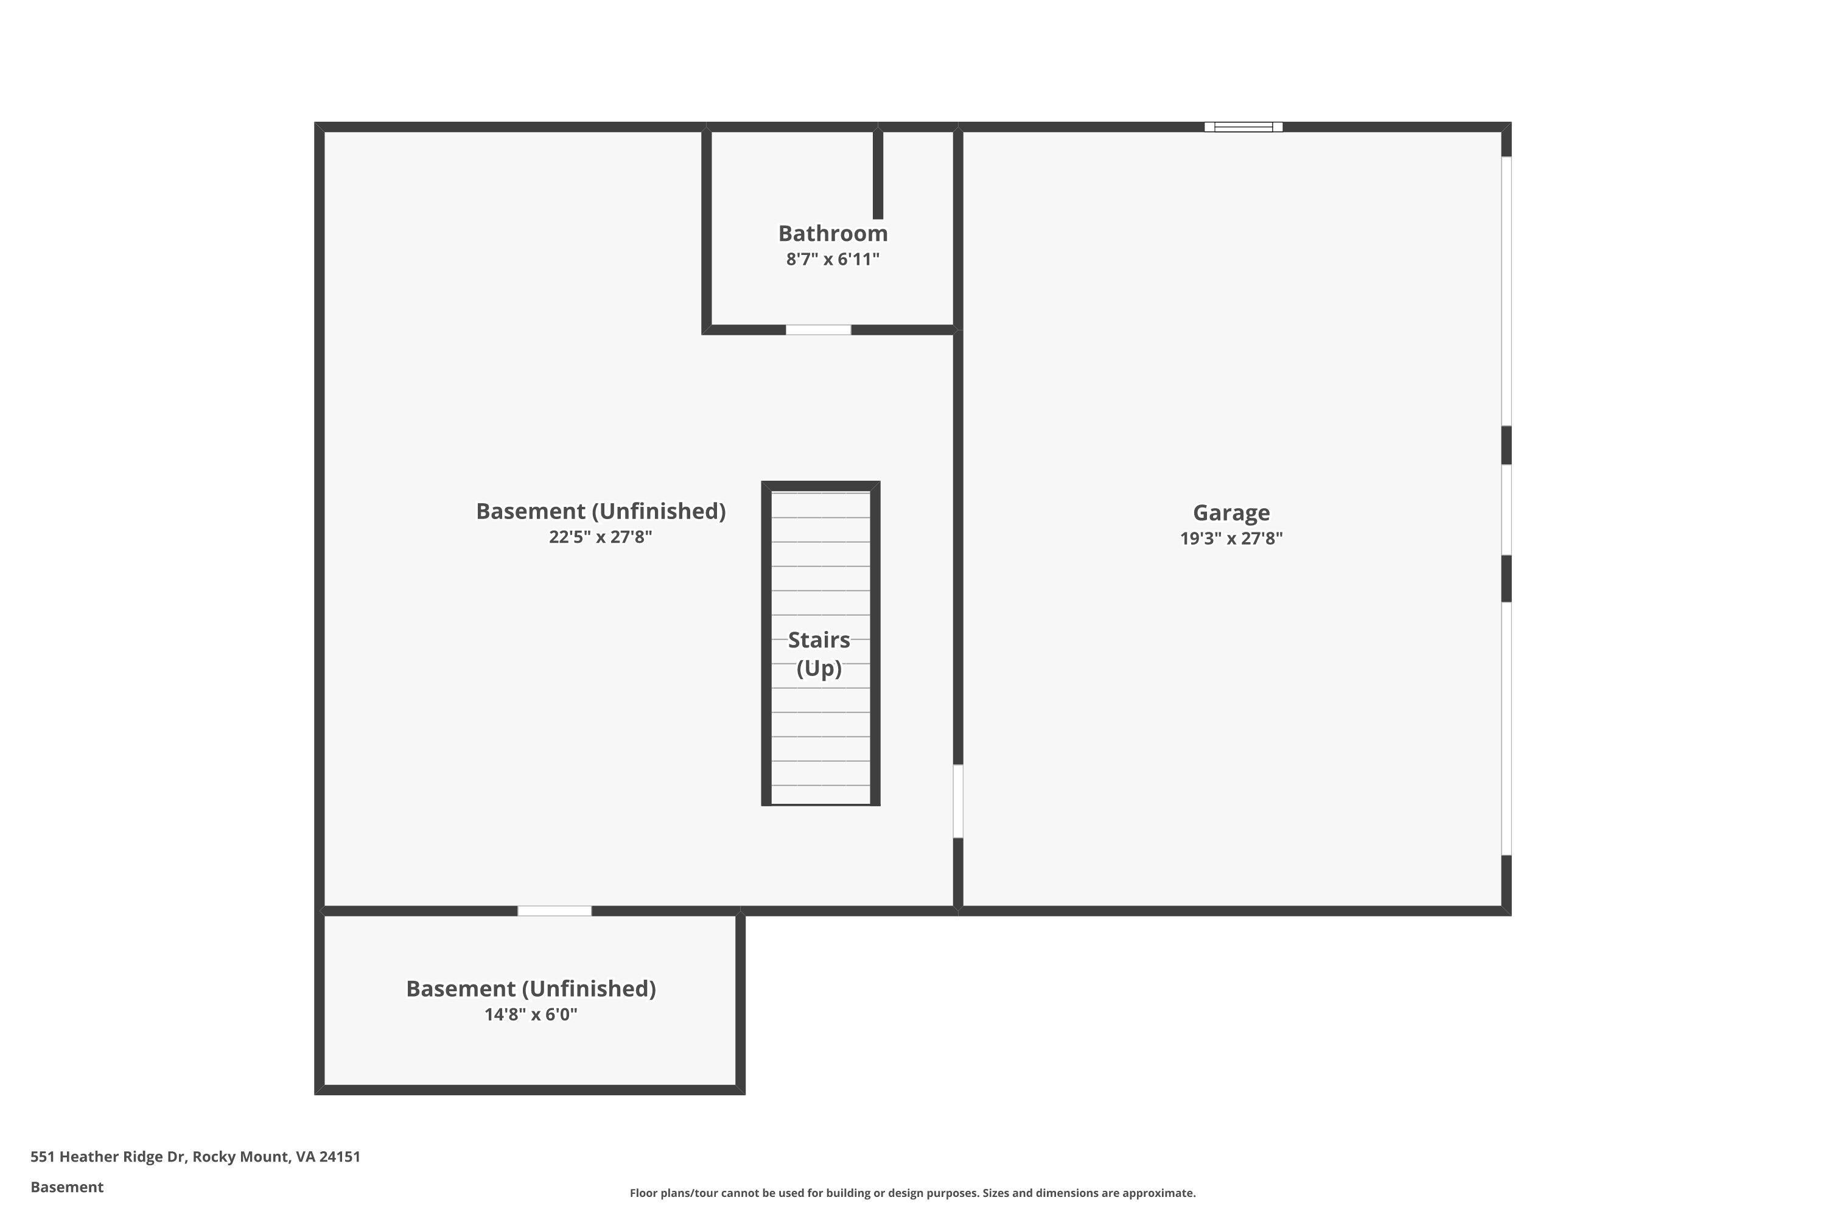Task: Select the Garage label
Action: (x=1231, y=513)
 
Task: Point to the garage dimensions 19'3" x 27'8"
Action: (x=1231, y=539)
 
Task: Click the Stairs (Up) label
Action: (x=819, y=654)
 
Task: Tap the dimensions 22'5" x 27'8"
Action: (x=600, y=537)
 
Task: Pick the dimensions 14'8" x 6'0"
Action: (x=530, y=1014)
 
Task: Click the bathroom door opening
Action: (x=818, y=330)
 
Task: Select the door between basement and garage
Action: (x=958, y=801)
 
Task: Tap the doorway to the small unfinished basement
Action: (x=554, y=910)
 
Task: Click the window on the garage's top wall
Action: (x=1243, y=127)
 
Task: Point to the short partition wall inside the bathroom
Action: (x=878, y=175)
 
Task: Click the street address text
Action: (x=195, y=1157)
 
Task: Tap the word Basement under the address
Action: (x=67, y=1187)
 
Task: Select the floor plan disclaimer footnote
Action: (x=912, y=1193)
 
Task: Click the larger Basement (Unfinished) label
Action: (x=600, y=512)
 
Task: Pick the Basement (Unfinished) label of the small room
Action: (x=530, y=989)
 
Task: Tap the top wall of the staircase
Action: (x=820, y=486)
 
